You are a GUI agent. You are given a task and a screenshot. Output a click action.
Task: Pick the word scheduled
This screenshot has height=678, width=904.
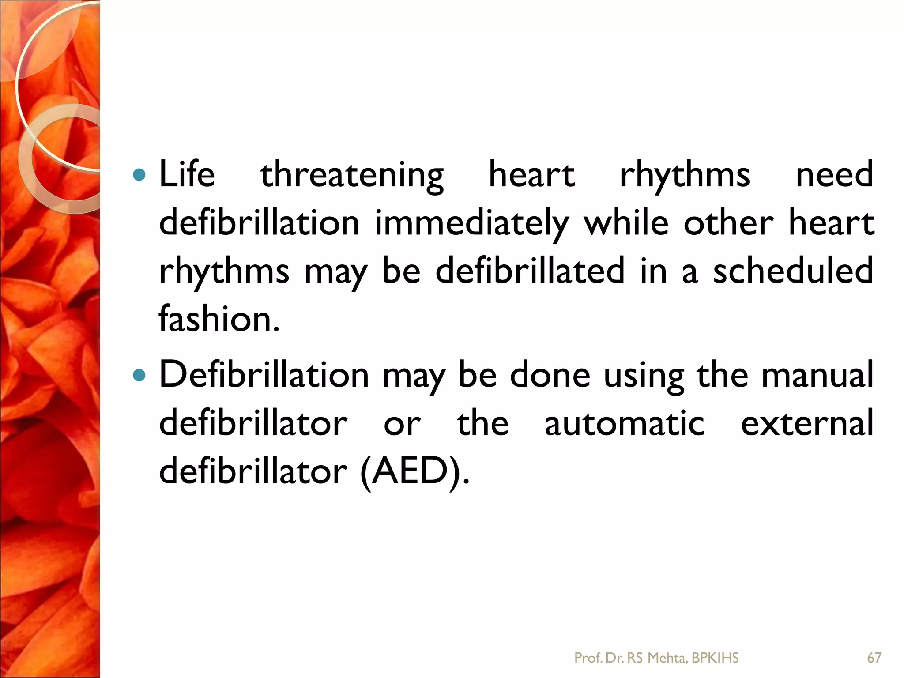pos(793,270)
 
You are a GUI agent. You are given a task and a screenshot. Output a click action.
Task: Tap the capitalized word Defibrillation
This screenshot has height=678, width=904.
pos(264,374)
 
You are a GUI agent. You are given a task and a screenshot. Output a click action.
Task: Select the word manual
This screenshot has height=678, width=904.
pos(817,374)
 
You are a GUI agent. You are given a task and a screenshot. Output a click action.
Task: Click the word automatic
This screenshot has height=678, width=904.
pos(624,423)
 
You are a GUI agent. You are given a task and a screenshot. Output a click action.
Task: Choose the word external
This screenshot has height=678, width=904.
pos(807,423)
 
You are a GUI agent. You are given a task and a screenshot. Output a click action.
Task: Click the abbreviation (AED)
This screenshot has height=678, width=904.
pos(414,471)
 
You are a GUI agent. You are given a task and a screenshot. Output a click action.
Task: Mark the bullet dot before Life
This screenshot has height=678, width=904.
pos(139,175)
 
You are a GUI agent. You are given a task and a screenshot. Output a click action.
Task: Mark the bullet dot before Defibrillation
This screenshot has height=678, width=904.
pos(139,375)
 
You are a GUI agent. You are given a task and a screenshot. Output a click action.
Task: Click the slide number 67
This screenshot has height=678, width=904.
pos(874,658)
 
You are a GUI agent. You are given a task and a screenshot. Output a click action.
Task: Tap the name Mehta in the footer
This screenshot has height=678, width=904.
pos(667,658)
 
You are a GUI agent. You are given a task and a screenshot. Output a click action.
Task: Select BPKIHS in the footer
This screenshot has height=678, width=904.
pos(715,658)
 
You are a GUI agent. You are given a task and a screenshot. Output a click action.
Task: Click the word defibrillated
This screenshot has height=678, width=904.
pos(530,270)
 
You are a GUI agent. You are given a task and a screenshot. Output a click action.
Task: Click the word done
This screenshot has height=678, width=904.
pos(550,374)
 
